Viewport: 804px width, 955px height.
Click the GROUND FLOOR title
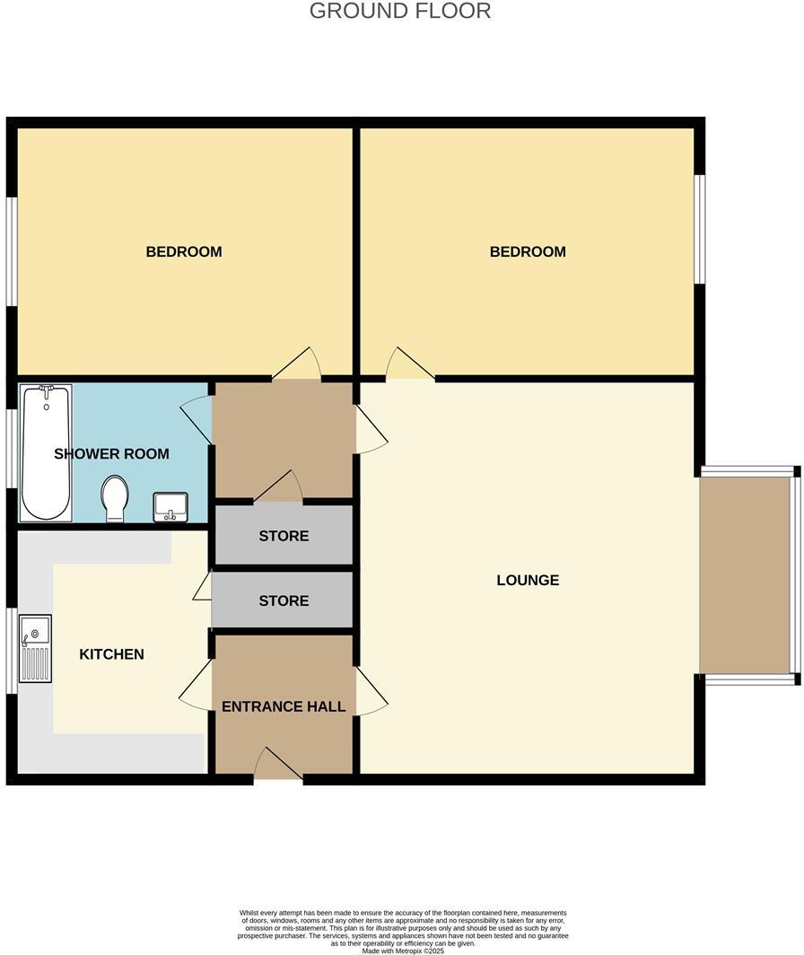pos(400,12)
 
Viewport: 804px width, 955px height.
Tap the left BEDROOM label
pos(184,252)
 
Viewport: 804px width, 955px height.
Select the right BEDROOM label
pos(528,252)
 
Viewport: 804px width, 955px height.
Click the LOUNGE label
pos(528,581)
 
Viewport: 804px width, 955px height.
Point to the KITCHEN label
pos(111,654)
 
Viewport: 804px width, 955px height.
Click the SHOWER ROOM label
pos(111,454)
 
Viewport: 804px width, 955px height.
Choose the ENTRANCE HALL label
pos(284,707)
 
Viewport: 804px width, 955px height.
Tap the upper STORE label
pos(284,537)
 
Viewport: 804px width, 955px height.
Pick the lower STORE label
pos(284,601)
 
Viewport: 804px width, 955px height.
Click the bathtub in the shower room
pos(47,452)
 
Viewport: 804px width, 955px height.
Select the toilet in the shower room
pos(115,498)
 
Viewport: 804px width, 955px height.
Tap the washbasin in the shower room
pos(170,506)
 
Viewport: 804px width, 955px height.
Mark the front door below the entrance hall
pos(278,766)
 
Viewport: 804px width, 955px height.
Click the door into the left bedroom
pos(297,364)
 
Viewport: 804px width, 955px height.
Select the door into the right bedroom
pos(410,364)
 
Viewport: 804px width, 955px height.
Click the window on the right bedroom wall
pos(701,229)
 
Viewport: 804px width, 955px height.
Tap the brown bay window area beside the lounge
pos(746,574)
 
